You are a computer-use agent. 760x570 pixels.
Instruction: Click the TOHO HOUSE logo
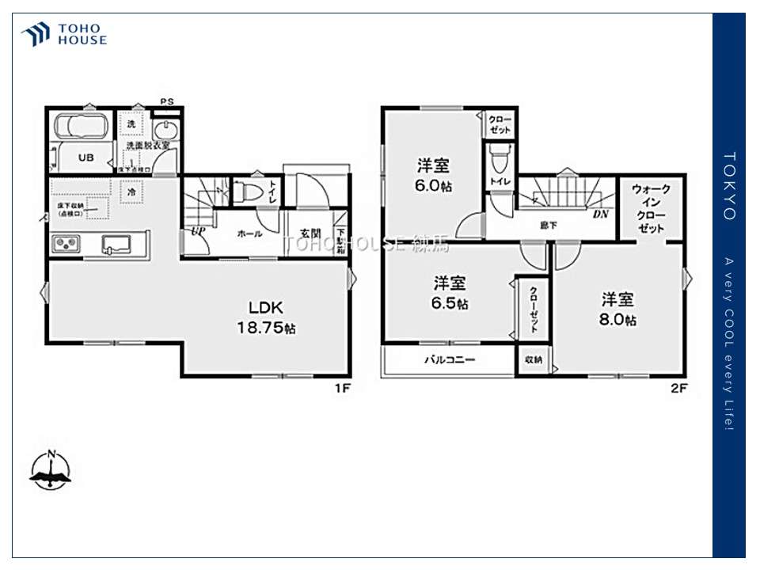click(64, 34)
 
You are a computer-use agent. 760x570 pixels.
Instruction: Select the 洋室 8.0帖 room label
click(618, 309)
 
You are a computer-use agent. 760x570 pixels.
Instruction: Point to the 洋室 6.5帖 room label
click(449, 292)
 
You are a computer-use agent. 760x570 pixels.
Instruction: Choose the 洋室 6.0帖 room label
click(434, 175)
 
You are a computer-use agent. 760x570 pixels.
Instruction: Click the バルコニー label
click(449, 359)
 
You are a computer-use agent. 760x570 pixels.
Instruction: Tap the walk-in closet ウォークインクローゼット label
click(651, 208)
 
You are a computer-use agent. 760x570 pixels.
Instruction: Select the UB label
click(85, 158)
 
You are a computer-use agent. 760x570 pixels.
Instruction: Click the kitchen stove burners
click(66, 243)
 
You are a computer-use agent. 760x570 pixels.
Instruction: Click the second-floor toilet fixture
click(500, 161)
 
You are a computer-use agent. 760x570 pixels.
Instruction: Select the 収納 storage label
click(534, 359)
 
